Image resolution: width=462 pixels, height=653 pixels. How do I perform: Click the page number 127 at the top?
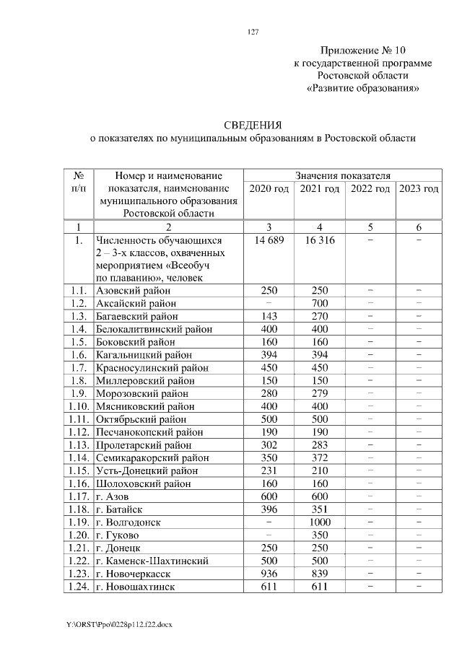click(x=253, y=32)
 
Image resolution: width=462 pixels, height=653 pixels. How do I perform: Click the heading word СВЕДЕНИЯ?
click(x=253, y=125)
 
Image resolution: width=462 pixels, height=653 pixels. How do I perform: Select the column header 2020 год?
click(x=269, y=189)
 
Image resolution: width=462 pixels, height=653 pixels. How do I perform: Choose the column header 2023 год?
click(x=419, y=189)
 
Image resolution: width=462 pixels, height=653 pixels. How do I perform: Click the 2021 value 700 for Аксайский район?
click(x=318, y=303)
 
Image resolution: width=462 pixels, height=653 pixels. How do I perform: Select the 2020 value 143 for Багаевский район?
click(x=269, y=316)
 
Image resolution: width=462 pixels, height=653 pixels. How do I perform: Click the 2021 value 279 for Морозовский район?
click(x=318, y=394)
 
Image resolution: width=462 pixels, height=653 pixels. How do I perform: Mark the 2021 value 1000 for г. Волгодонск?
click(x=318, y=522)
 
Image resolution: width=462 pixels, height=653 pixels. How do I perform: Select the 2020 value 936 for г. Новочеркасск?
click(x=269, y=574)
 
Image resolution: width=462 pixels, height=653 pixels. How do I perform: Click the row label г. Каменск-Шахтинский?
click(x=152, y=561)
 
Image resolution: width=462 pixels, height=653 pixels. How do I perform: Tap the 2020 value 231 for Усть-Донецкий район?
click(x=269, y=471)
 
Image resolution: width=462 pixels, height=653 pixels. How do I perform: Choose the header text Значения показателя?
click(x=344, y=175)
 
